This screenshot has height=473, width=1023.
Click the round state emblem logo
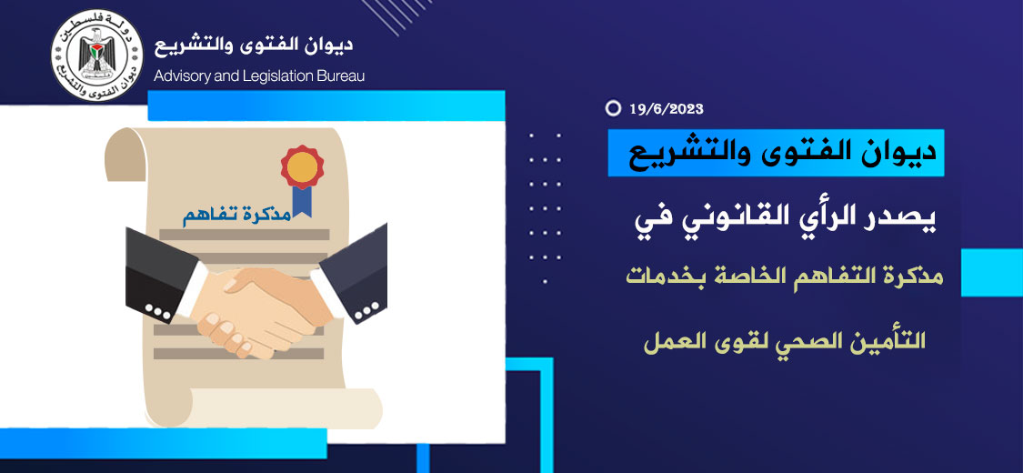pyautogui.click(x=96, y=55)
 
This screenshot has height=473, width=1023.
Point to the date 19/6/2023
pyautogui.click(x=667, y=109)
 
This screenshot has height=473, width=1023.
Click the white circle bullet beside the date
pyautogui.click(x=613, y=108)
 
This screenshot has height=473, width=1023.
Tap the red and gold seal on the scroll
pyautogui.click(x=302, y=167)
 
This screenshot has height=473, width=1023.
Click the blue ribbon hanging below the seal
pyautogui.click(x=301, y=200)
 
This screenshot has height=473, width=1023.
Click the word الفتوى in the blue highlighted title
pyautogui.click(x=803, y=154)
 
